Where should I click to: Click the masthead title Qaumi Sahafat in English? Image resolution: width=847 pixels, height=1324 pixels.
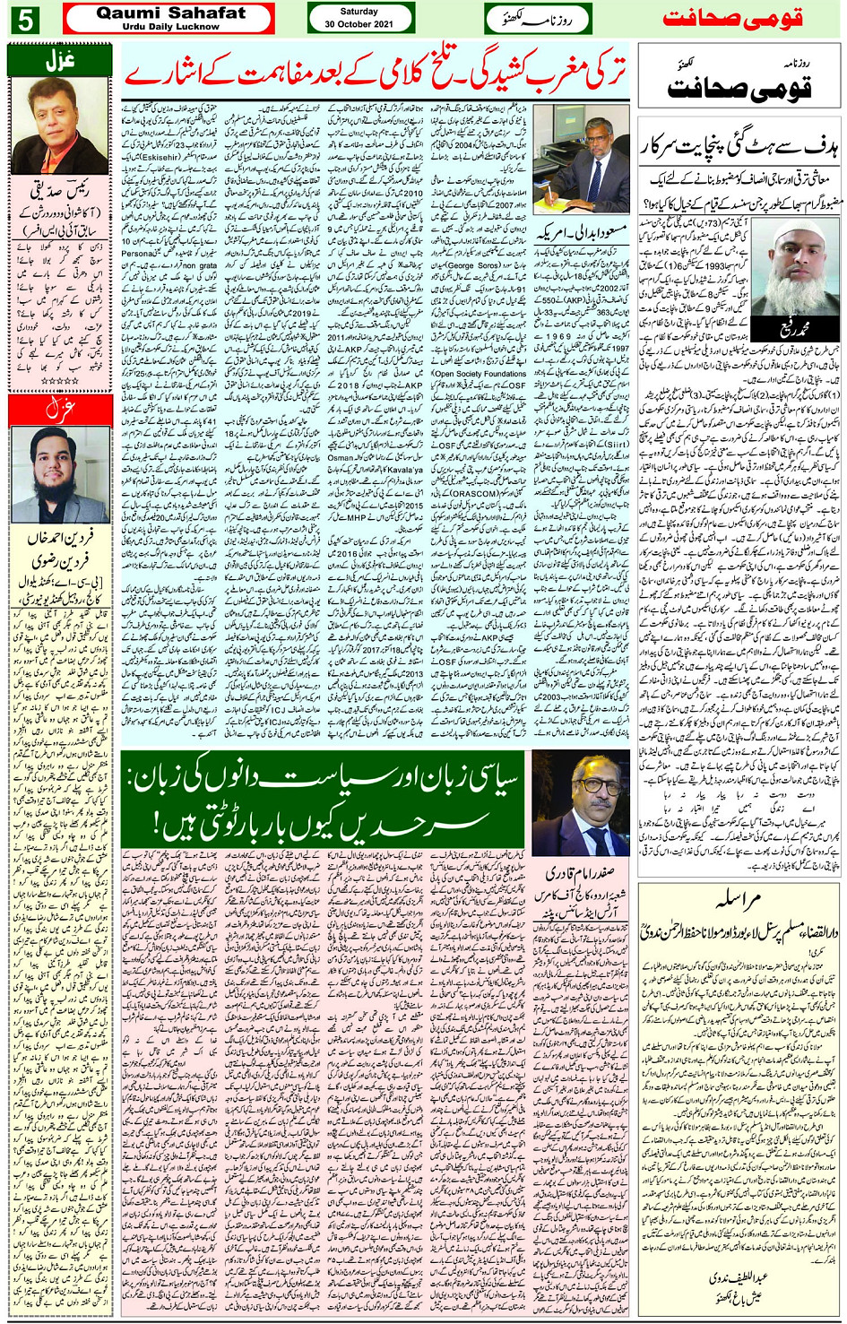click(169, 13)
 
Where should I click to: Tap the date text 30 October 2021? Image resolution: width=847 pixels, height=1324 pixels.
click(359, 24)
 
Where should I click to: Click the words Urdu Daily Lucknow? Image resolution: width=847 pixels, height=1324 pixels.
click(170, 27)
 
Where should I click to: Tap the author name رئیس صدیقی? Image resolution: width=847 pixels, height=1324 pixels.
click(60, 192)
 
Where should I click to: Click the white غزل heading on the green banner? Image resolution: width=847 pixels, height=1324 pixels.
click(60, 62)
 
